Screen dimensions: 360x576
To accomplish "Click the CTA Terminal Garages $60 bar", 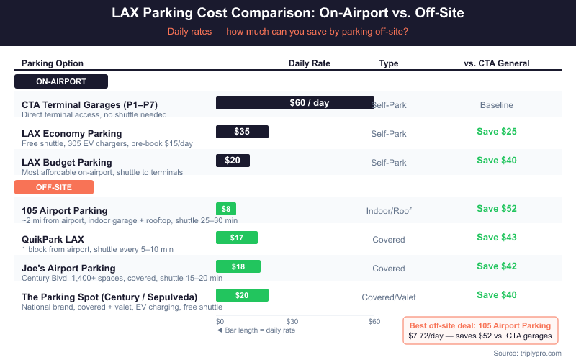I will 295,103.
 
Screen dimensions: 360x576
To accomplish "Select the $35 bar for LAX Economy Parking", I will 242,132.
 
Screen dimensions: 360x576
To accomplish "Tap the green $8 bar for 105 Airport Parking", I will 226,209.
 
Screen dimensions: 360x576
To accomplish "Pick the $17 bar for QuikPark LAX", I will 236,238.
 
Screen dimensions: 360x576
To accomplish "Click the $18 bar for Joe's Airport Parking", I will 238,266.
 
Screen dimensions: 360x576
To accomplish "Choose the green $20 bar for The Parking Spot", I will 242,295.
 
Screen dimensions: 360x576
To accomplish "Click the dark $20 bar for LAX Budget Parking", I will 233,161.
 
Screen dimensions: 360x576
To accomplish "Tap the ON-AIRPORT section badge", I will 61,81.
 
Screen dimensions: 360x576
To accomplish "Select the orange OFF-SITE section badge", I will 54,187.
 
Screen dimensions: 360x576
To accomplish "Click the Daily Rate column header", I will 310,63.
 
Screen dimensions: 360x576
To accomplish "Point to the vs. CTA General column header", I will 497,63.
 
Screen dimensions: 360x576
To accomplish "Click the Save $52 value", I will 497,209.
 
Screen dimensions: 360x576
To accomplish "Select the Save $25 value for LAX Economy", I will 497,132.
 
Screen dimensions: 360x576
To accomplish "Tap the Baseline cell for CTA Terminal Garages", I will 497,105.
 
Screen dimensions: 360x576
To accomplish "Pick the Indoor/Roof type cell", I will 389,211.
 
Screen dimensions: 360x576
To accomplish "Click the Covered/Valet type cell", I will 389,297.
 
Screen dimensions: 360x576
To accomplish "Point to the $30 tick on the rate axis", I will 292,321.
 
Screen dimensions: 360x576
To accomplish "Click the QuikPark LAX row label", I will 53,239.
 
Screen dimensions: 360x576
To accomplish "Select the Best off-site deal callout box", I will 480,330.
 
